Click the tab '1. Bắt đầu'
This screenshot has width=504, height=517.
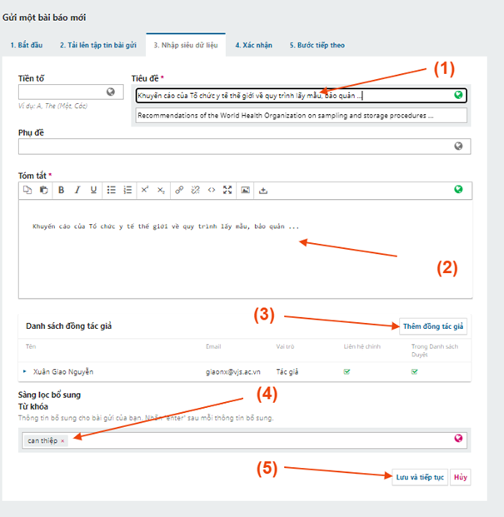click(x=27, y=45)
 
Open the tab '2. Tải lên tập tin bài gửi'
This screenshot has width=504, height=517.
click(x=98, y=45)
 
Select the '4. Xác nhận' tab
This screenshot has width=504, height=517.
click(x=253, y=45)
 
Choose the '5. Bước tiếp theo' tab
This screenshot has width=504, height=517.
click(x=317, y=45)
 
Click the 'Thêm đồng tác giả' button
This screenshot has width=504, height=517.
click(x=433, y=326)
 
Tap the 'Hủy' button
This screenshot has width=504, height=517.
click(x=460, y=477)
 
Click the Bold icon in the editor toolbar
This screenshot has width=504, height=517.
click(x=61, y=191)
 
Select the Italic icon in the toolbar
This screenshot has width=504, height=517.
click(x=77, y=191)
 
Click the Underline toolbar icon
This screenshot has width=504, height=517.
click(x=93, y=191)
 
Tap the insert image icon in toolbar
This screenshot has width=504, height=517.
click(x=245, y=191)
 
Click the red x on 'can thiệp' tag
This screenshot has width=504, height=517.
click(x=62, y=441)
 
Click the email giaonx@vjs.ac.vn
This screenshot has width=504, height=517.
click(x=233, y=372)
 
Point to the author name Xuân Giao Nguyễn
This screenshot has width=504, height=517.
click(x=63, y=372)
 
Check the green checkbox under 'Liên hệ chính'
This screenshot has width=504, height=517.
click(x=347, y=372)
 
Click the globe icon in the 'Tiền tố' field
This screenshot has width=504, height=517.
click(x=111, y=92)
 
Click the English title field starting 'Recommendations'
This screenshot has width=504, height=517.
click(x=301, y=116)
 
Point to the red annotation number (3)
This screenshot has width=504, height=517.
click(x=264, y=315)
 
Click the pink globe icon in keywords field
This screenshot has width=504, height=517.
click(x=458, y=438)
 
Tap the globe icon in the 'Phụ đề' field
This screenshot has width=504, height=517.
click(x=458, y=146)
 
